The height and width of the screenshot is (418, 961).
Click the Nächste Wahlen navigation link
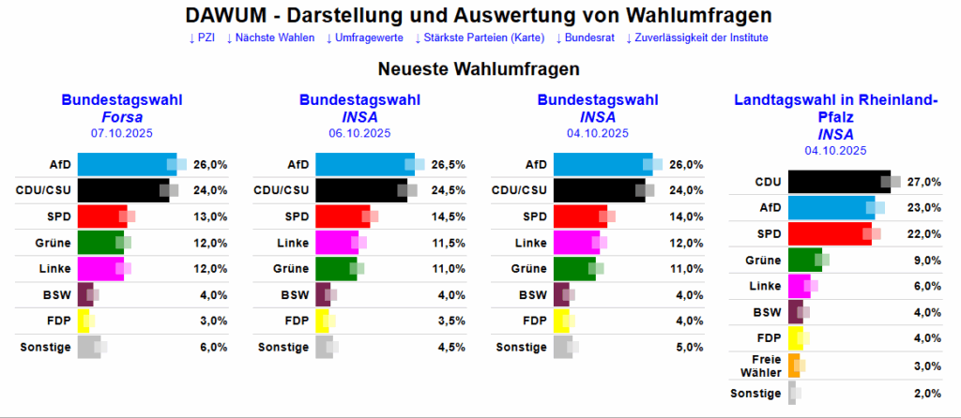[x=270, y=37]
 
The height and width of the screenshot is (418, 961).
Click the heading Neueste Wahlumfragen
[x=479, y=69]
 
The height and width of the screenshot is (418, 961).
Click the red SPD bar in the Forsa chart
[x=101, y=216]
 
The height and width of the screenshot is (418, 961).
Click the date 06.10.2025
[x=359, y=134]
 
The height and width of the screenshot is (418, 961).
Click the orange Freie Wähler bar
[x=793, y=365]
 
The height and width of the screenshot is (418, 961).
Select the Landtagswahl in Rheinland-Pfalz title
[x=835, y=109]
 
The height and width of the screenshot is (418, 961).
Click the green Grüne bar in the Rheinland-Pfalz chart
[x=804, y=260]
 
